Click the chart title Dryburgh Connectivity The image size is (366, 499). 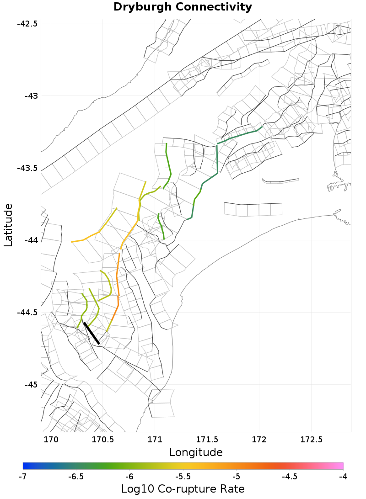[x=183, y=7]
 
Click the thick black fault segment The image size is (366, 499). [x=91, y=333]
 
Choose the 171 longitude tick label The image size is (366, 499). [x=155, y=440]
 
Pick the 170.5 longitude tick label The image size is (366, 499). [x=102, y=440]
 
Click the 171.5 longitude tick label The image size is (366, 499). [x=207, y=440]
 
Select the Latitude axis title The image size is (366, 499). [x=9, y=225]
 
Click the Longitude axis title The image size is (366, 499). [x=196, y=452]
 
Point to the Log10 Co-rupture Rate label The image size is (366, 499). [x=183, y=489]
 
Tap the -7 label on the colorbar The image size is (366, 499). [x=23, y=477]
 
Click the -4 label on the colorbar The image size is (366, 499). [x=343, y=477]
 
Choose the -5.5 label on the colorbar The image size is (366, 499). [x=183, y=477]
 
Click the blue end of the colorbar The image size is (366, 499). [x=25, y=466]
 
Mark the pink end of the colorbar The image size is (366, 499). [x=340, y=466]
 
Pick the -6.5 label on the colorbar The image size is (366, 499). [x=76, y=477]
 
